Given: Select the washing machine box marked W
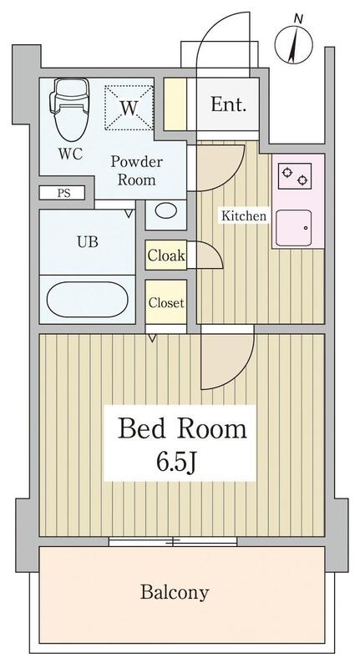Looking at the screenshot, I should click(x=129, y=108).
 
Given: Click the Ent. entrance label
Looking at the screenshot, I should click(x=228, y=105).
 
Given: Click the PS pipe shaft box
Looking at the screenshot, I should click(x=63, y=193).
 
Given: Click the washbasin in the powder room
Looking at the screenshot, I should click(x=165, y=213).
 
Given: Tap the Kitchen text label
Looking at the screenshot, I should click(x=243, y=217).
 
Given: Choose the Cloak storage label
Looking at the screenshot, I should click(x=166, y=256).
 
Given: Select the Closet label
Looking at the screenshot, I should click(x=166, y=302).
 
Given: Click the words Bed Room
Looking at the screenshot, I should click(x=183, y=430).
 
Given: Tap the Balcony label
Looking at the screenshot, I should click(x=174, y=594).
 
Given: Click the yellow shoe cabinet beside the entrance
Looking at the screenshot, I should click(x=175, y=103).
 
